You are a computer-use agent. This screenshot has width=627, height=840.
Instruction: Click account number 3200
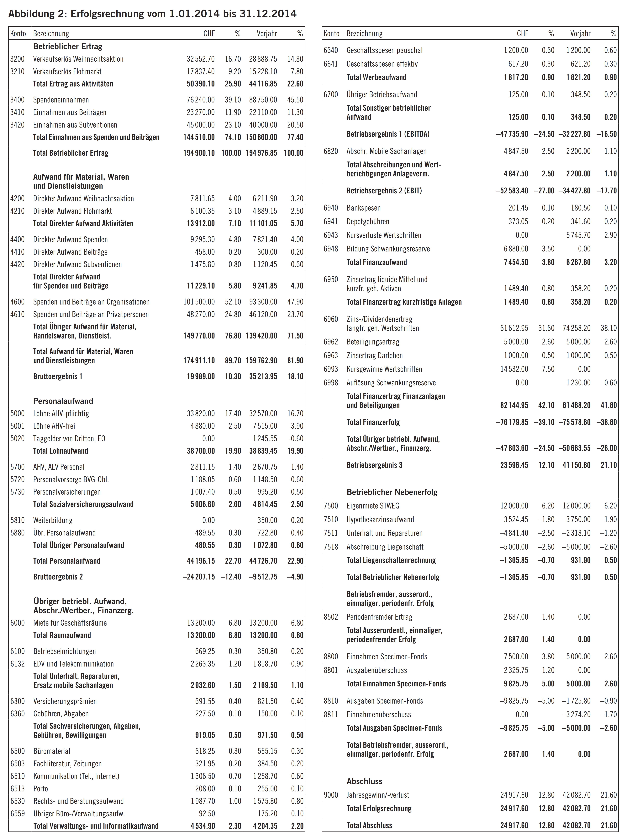point(17,59)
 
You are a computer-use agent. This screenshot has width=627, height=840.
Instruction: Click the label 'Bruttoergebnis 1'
point(58,376)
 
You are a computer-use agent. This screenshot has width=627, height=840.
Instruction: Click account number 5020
point(17,438)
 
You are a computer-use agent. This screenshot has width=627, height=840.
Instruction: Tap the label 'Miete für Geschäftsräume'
point(70,623)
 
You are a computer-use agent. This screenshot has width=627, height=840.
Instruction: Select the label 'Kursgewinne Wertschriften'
point(384,369)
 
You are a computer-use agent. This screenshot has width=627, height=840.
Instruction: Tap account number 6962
point(331,342)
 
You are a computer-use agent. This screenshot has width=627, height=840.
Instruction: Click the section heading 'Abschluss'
point(364,781)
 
